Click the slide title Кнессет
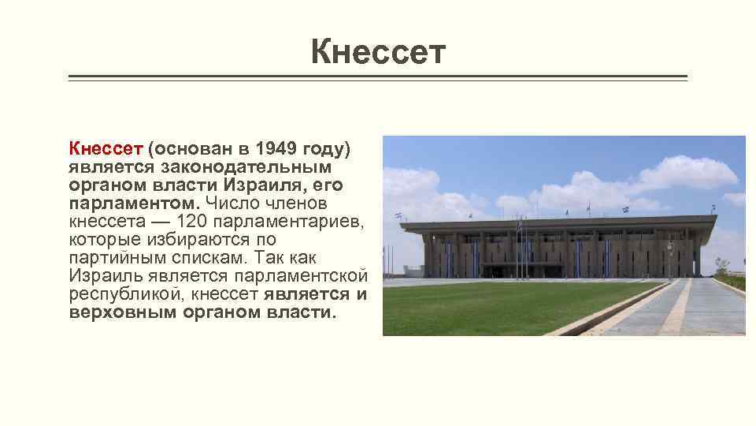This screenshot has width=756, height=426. tap(378, 52)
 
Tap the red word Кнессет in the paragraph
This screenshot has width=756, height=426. tap(105, 148)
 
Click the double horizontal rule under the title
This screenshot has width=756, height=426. tap(378, 78)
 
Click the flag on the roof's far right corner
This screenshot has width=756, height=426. tap(713, 208)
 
